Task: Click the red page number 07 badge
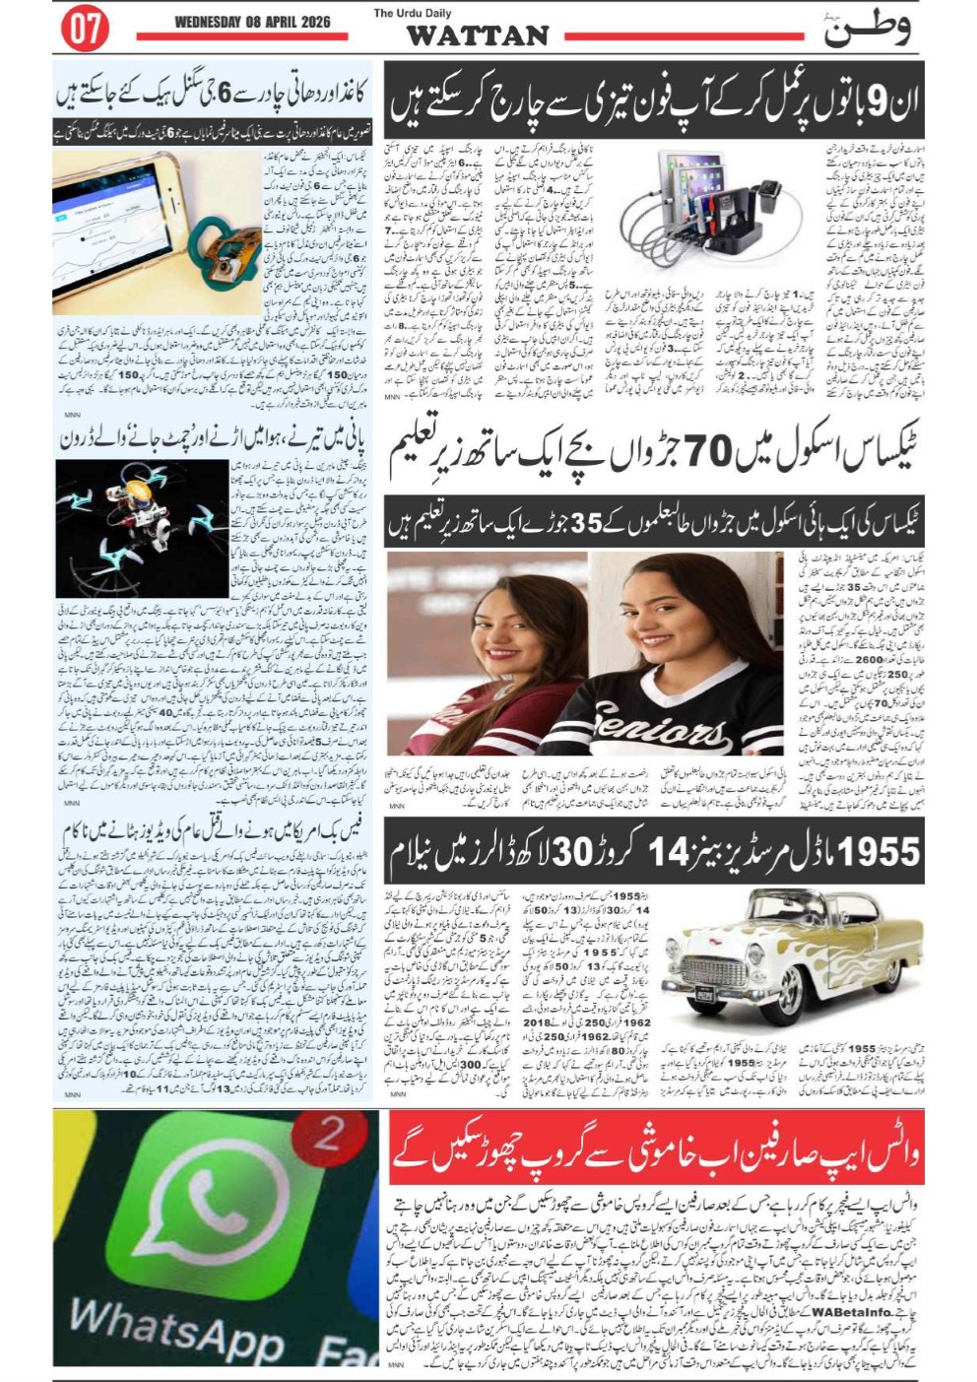[x=86, y=29]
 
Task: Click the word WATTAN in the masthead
[x=478, y=36]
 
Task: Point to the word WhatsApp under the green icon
[x=177, y=1330]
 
